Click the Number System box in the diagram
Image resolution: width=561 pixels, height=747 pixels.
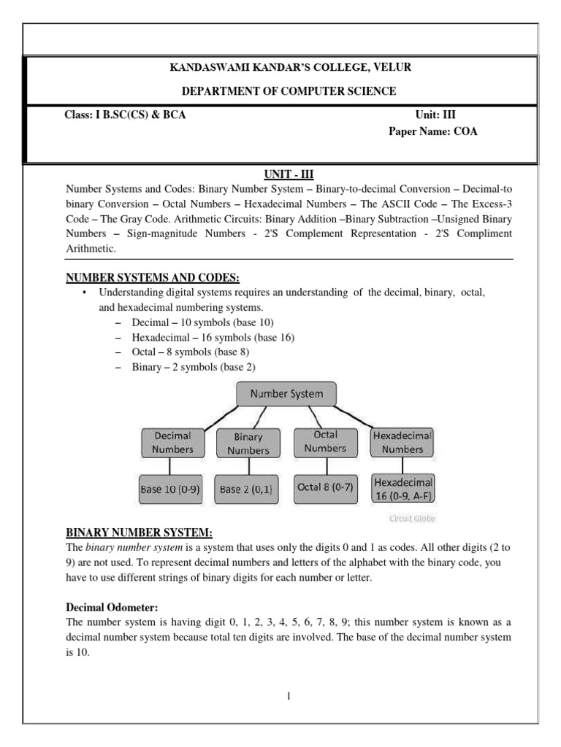coord(286,394)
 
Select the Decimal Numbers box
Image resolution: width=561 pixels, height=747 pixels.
coord(172,443)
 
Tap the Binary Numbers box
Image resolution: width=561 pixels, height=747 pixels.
coord(248,444)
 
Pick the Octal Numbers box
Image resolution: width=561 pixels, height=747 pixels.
coord(325,441)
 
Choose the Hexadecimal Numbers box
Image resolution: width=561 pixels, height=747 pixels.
coord(402,442)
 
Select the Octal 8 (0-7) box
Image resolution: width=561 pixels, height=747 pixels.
coord(325,487)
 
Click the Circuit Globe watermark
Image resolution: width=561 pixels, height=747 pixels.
coord(411,519)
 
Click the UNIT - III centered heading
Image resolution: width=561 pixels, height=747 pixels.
coord(289,174)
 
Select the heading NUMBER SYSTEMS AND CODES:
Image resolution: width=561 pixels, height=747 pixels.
coord(153,277)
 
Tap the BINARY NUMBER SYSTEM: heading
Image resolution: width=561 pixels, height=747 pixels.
coord(140,531)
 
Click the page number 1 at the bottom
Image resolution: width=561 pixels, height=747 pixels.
coord(289,696)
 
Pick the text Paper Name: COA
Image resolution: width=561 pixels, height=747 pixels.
coord(432,132)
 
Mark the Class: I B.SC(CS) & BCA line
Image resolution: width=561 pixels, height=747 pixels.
coord(125,115)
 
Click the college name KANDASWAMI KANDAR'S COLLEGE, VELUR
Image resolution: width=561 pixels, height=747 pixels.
coord(290,68)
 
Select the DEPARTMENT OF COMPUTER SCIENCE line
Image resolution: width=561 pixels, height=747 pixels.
coord(289,91)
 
